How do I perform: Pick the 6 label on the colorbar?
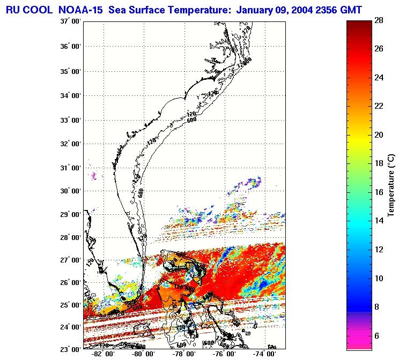pyautogui.click(x=379, y=335)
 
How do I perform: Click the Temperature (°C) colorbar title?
pyautogui.click(x=392, y=185)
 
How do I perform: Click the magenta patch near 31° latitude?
pyautogui.click(x=94, y=175)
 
